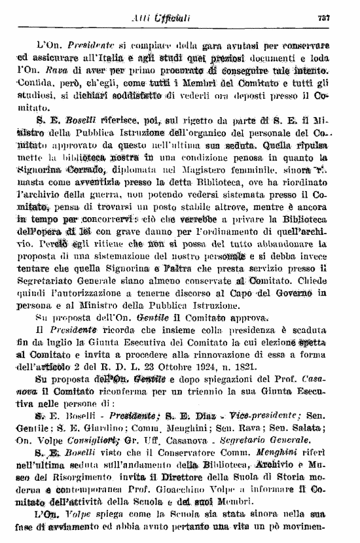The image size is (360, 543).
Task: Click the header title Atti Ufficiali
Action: (164, 18)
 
